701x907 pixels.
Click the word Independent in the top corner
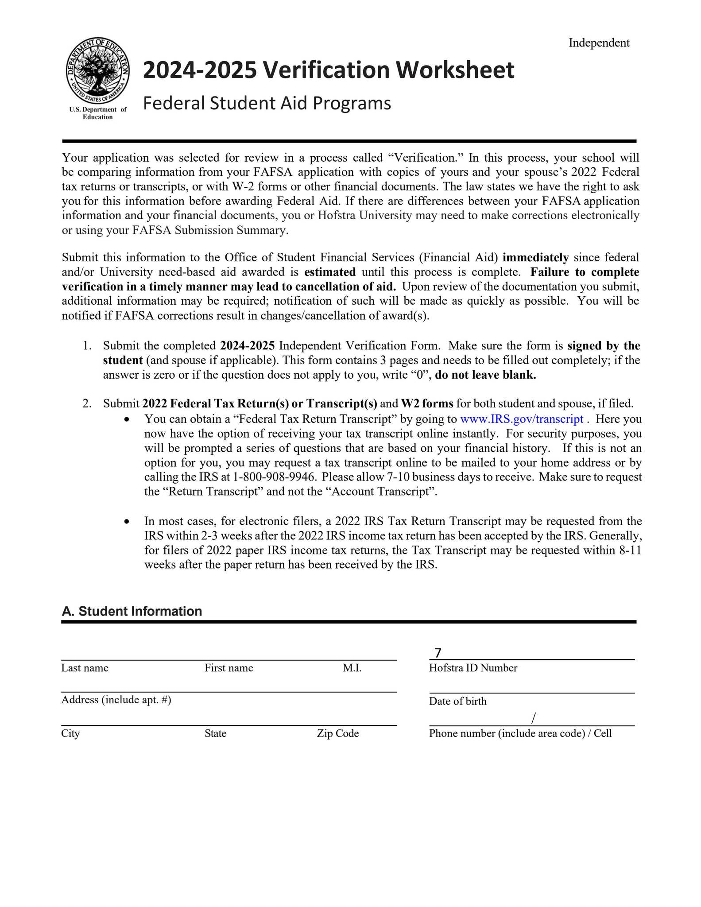click(599, 43)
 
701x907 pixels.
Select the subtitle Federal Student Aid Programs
click(267, 103)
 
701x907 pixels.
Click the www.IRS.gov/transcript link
click(522, 419)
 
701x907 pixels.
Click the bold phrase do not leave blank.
click(485, 375)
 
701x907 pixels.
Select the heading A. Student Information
click(132, 611)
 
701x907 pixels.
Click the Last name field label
click(85, 668)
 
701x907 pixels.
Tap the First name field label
click(229, 668)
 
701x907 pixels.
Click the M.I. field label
click(352, 668)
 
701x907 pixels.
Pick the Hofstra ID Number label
click(472, 668)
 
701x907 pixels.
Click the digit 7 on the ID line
click(438, 653)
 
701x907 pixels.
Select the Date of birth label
click(457, 701)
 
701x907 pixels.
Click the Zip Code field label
click(337, 733)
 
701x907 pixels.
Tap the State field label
click(215, 733)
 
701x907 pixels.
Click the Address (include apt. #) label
click(116, 700)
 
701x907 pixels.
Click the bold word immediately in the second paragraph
click(535, 257)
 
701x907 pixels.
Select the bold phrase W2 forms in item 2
click(427, 404)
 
